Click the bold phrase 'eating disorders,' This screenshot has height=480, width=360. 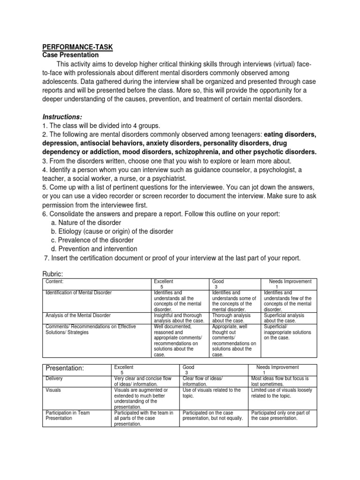tap(290, 135)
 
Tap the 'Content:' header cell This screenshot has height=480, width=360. tap(54, 282)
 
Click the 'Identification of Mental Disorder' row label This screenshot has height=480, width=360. tap(78, 293)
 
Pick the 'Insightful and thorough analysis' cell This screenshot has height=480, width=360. tap(179, 318)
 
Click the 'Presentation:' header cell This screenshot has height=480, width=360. tap(65, 368)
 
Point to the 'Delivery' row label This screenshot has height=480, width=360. tap(54, 379)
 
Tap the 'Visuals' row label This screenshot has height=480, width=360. tap(52, 390)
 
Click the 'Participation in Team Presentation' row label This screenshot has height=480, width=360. tap(68, 415)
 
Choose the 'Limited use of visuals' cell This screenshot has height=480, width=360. tap(281, 393)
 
